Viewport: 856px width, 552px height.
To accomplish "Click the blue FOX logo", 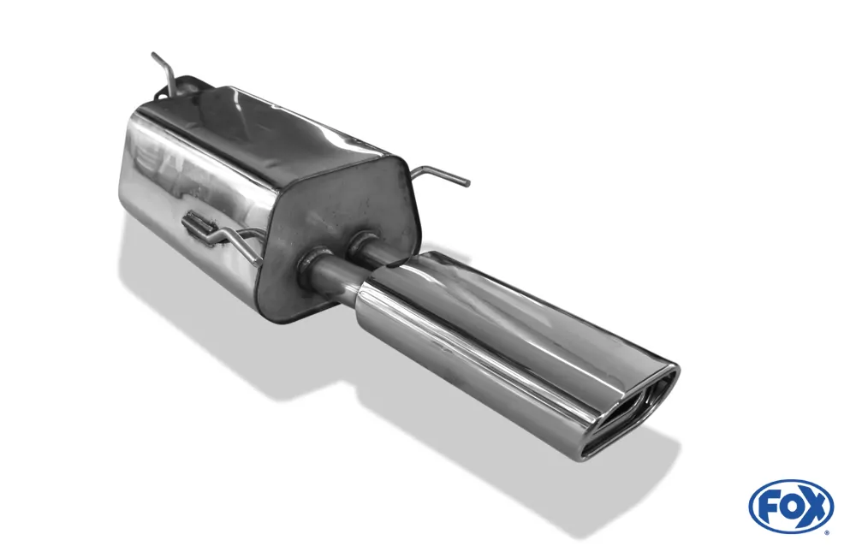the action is click(791, 507).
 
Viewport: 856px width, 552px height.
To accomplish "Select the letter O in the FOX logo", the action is click(789, 507).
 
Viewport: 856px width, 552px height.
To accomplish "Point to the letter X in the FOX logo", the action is click(812, 507).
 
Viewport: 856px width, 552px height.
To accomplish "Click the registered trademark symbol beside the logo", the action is click(830, 531).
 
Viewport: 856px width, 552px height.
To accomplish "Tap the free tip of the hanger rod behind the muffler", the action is click(153, 54).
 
